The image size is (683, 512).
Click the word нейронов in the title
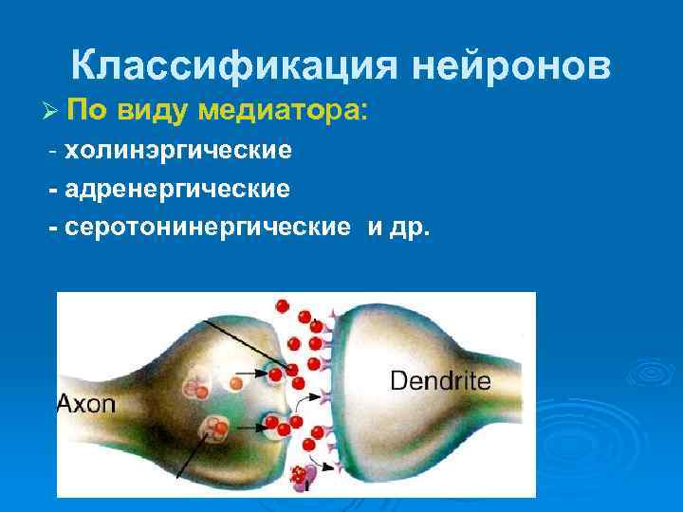512,65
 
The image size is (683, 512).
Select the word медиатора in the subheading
281,110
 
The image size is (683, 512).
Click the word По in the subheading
87,110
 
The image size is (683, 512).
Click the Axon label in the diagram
87,405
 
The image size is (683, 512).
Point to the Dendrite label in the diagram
440,381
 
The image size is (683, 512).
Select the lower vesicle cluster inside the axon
216,430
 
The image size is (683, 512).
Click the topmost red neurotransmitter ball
281,305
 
